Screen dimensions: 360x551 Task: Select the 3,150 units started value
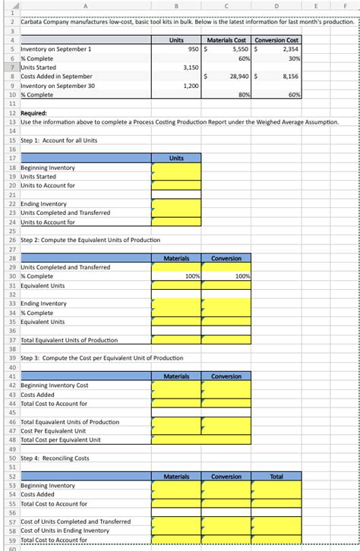190,68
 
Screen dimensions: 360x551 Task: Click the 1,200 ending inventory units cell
190,86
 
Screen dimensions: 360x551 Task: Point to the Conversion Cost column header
277,39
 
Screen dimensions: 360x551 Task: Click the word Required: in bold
34,112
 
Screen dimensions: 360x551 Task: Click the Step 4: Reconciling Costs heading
55,458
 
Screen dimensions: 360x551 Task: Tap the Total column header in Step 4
276,477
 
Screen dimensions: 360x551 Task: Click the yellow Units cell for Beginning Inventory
176,167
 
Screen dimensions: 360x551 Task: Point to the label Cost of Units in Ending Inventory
65,531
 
